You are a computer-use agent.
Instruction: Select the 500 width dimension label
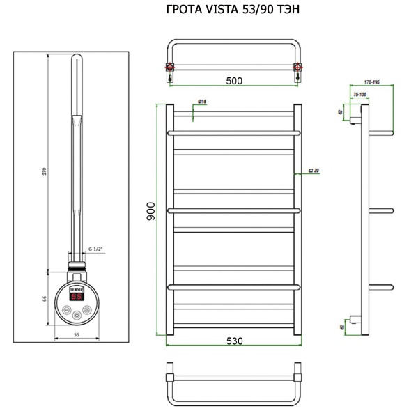coord(234,82)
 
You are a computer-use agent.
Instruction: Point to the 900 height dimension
coord(151,215)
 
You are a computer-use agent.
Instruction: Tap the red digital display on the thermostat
coord(76,297)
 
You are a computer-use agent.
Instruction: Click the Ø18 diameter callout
coord(202,102)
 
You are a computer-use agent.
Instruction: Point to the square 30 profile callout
coord(313,171)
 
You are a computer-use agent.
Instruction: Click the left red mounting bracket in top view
coord(170,68)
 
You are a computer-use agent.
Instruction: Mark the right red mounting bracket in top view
coord(298,68)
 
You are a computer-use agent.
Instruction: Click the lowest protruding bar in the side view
coord(380,285)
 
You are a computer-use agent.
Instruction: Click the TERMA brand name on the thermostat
coord(75,287)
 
